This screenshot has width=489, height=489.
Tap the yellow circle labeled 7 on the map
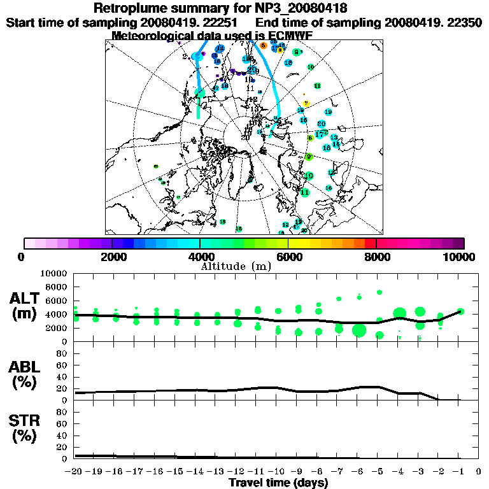(x=306, y=103)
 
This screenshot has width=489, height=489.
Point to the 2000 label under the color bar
(x=112, y=257)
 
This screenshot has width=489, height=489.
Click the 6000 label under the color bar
(x=288, y=257)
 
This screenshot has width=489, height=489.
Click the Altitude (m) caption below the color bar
(x=236, y=266)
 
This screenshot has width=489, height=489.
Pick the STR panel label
(x=26, y=427)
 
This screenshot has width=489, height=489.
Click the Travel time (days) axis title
(x=278, y=483)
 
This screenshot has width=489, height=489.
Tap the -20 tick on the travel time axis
(x=74, y=472)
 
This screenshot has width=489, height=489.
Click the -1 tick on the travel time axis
(x=459, y=472)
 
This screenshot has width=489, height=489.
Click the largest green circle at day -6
(x=359, y=330)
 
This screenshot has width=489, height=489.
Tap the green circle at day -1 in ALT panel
(x=460, y=311)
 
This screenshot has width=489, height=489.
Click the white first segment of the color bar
(x=29, y=243)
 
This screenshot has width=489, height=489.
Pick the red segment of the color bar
(x=371, y=243)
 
